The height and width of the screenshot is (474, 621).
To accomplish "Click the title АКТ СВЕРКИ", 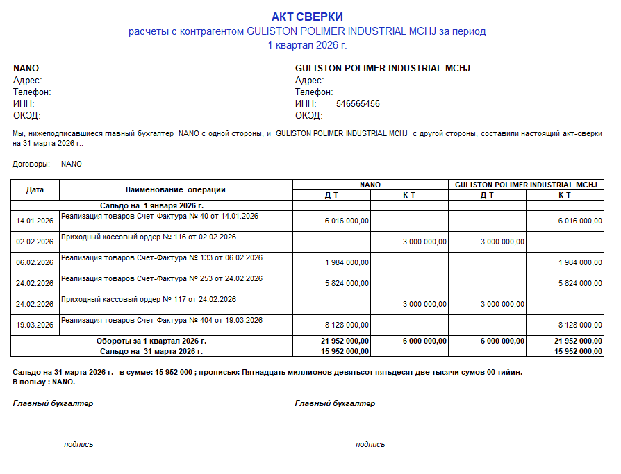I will point(307,17).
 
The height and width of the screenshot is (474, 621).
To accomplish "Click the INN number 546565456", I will point(358,104).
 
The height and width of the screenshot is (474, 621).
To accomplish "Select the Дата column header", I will point(35,189).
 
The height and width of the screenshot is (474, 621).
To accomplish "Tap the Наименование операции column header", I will point(176,189).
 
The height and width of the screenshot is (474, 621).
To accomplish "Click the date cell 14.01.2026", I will point(35,221).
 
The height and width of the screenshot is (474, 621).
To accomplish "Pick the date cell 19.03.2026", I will point(35,325).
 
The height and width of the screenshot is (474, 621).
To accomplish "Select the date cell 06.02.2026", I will point(35,262).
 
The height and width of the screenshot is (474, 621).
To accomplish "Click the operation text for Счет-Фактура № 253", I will point(161,278).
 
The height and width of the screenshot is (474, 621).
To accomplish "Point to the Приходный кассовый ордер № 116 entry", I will point(148,237).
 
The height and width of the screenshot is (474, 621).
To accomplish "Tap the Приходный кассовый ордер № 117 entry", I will point(148,299).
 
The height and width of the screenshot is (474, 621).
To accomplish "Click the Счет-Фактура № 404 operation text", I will point(161,320).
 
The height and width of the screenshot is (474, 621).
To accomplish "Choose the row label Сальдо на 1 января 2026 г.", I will point(151,205).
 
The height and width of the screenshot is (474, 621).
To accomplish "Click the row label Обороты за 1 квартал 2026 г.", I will point(151,341).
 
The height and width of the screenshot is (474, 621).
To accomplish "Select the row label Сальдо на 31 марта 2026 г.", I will point(151,351).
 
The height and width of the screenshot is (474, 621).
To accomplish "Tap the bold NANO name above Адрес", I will point(26,69).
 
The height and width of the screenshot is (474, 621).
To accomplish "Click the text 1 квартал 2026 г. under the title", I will point(307,45).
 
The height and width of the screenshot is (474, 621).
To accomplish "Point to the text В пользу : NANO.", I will point(44,382).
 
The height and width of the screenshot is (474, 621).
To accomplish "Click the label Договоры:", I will point(31,164).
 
